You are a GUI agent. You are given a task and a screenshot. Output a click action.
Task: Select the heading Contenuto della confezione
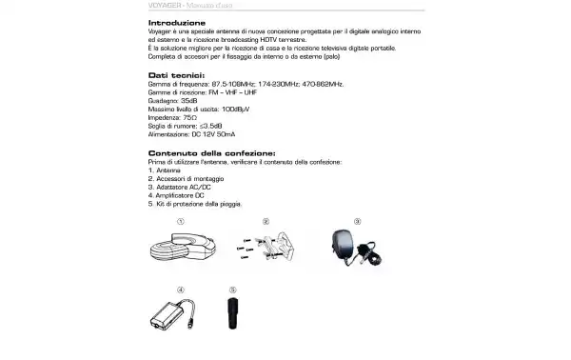(x=211, y=152)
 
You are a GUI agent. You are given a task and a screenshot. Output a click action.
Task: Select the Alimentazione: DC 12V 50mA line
(x=191, y=134)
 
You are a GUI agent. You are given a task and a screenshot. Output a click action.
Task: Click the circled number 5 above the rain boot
(x=231, y=289)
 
